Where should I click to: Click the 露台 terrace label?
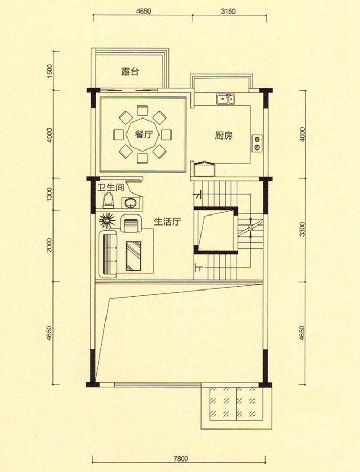[130, 72]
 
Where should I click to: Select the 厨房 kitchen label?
[224, 136]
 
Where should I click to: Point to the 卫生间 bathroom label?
[109, 187]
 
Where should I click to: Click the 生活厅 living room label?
[167, 221]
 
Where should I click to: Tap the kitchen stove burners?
[257, 143]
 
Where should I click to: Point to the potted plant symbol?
[107, 220]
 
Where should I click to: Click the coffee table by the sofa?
[135, 255]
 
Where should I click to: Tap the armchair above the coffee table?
[131, 224]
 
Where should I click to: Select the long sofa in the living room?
[109, 254]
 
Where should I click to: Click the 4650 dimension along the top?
[143, 10]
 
